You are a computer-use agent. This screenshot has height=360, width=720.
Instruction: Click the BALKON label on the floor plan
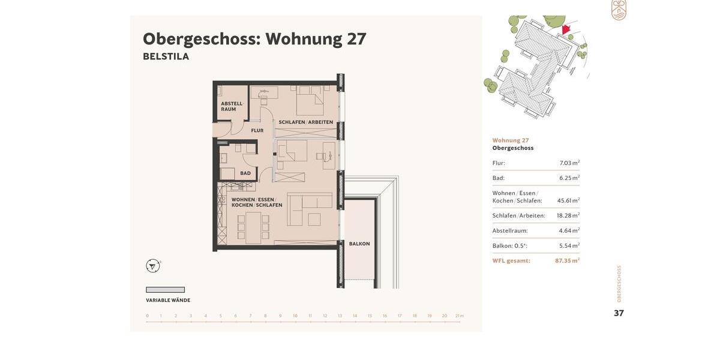pyautogui.click(x=359, y=244)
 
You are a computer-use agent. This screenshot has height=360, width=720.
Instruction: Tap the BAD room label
pyautogui.click(x=245, y=173)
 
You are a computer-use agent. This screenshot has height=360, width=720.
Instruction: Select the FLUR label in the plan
pyautogui.click(x=257, y=130)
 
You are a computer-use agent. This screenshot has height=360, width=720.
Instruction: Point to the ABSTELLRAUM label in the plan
pyautogui.click(x=232, y=106)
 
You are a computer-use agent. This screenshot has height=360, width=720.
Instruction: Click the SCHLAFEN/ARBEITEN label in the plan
pyautogui.click(x=305, y=122)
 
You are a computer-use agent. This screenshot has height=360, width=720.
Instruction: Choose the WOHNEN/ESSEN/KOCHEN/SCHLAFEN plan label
pyautogui.click(x=257, y=202)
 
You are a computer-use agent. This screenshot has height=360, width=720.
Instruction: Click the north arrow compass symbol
pyautogui.click(x=153, y=266)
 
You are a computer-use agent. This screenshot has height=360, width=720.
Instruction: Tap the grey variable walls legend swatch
pyautogui.click(x=165, y=290)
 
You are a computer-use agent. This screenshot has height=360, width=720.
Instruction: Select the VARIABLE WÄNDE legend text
pyautogui.click(x=168, y=301)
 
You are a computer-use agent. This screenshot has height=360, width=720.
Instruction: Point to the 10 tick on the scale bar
pyautogui.click(x=295, y=316)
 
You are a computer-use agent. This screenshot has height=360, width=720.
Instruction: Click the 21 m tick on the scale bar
pyautogui.click(x=460, y=316)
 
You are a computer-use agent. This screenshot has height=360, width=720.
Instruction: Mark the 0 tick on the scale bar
pyautogui.click(x=147, y=316)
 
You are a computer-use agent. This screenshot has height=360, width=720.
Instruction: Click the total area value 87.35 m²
pyautogui.click(x=567, y=261)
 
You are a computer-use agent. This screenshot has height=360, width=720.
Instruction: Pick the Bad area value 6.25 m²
pyautogui.click(x=569, y=178)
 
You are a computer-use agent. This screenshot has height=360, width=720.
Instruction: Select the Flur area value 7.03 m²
pyautogui.click(x=569, y=163)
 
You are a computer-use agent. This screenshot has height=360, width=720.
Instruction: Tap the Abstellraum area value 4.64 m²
pyautogui.click(x=569, y=231)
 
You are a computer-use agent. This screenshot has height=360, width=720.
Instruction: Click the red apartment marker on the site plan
pyautogui.click(x=566, y=29)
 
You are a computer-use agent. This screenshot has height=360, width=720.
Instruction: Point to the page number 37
pyautogui.click(x=619, y=313)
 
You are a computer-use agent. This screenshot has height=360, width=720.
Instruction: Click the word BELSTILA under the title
pyautogui.click(x=166, y=56)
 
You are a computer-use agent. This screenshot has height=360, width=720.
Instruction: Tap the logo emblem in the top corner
pyautogui.click(x=619, y=10)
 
